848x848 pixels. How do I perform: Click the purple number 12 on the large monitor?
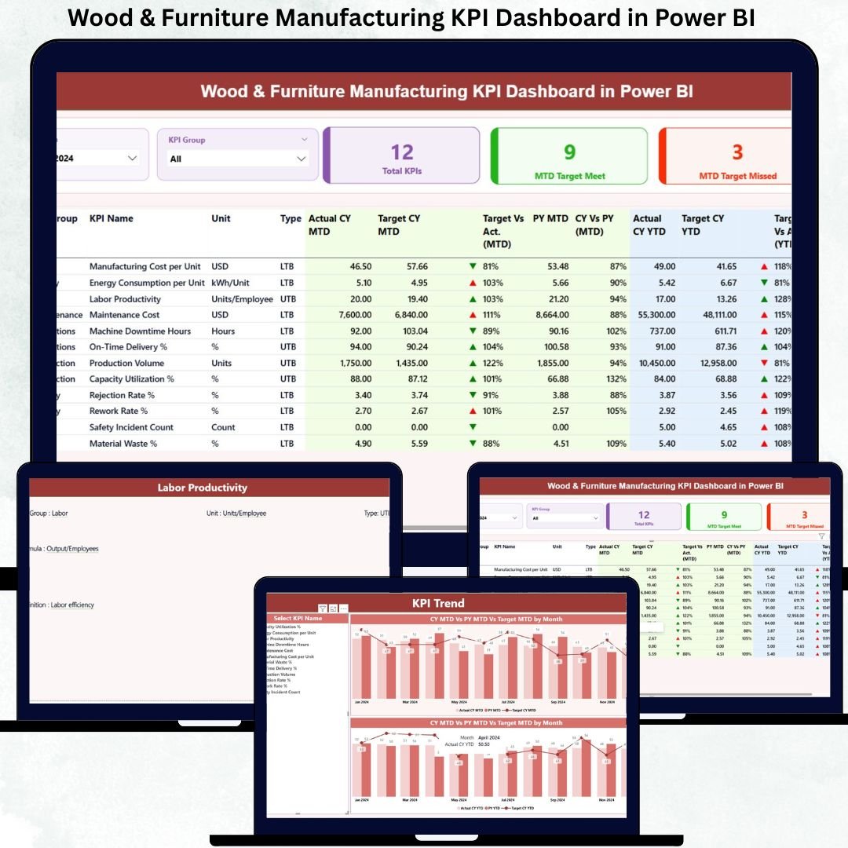tap(401, 152)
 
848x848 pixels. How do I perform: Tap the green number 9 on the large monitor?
tap(569, 152)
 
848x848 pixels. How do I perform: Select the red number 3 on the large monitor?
tap(737, 152)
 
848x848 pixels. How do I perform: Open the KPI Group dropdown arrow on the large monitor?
tap(301, 159)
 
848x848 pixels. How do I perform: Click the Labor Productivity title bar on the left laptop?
tap(203, 488)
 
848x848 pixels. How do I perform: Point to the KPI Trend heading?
tap(438, 603)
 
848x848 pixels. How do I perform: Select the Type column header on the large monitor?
tap(291, 218)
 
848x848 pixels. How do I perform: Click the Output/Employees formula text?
tap(72, 549)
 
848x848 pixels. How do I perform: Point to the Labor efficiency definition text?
tap(71, 605)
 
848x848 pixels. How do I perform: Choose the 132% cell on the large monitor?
tap(616, 379)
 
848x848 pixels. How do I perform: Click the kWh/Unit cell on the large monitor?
tap(230, 283)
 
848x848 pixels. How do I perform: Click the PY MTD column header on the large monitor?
tap(550, 218)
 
